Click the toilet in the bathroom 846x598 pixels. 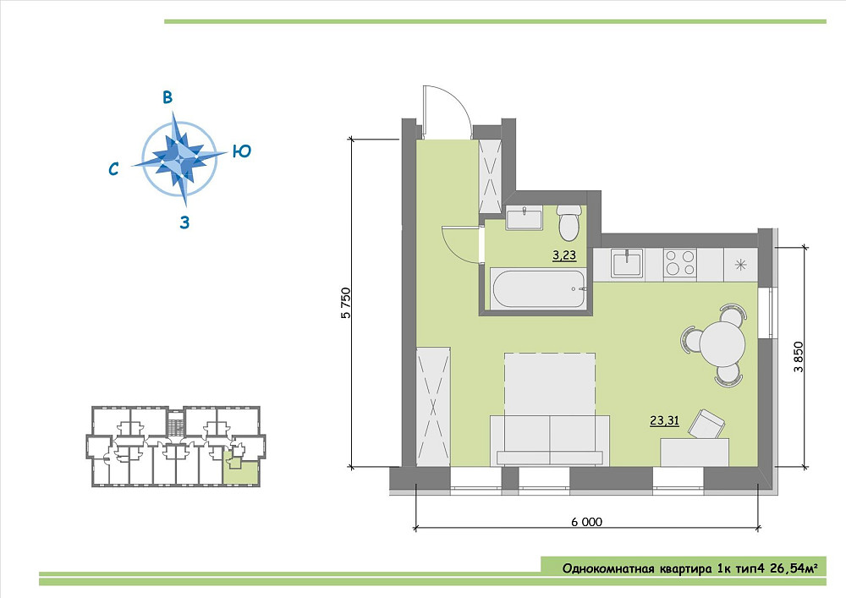coord(569,222)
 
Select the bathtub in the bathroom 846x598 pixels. coord(538,289)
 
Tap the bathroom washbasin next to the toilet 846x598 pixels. coord(524,219)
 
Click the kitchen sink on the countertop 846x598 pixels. coord(627,263)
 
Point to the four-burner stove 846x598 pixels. coord(680,263)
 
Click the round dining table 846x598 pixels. coord(722,343)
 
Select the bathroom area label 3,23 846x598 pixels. coord(564,255)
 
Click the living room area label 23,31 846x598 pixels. coord(664,420)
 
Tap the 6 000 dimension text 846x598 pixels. coord(586,522)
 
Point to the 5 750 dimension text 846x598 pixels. coord(346,303)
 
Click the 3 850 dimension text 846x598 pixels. coord(799,357)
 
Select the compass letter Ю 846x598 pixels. coord(242,151)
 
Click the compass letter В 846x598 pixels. coord(168,97)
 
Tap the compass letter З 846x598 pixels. coord(184,222)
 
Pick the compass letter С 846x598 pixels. coord(113,169)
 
